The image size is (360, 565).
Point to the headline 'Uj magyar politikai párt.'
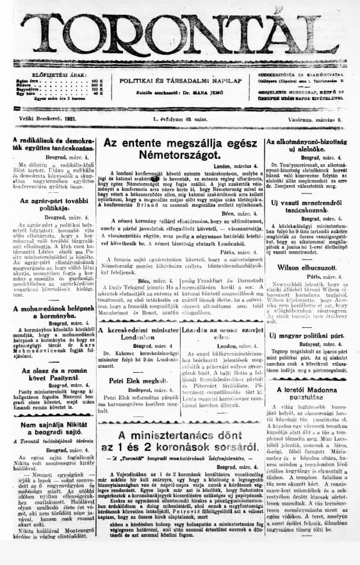[309, 335]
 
